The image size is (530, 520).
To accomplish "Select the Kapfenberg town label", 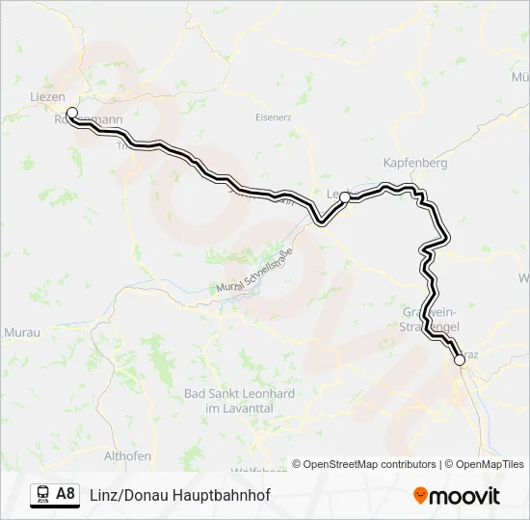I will point(415,163).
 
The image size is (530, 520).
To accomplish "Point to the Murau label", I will point(20,331).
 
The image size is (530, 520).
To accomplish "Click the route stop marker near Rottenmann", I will point(71,113).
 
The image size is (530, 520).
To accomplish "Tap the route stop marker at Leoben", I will point(344,196).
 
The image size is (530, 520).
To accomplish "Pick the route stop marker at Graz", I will point(460,360).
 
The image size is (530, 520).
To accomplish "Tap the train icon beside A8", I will point(43,495).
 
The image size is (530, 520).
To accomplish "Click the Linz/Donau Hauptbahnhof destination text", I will point(179,495).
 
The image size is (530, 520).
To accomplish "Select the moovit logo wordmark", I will point(464,496).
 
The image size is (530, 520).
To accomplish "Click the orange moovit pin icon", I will point(420,496).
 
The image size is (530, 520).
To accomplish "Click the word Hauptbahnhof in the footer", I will point(223,495).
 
